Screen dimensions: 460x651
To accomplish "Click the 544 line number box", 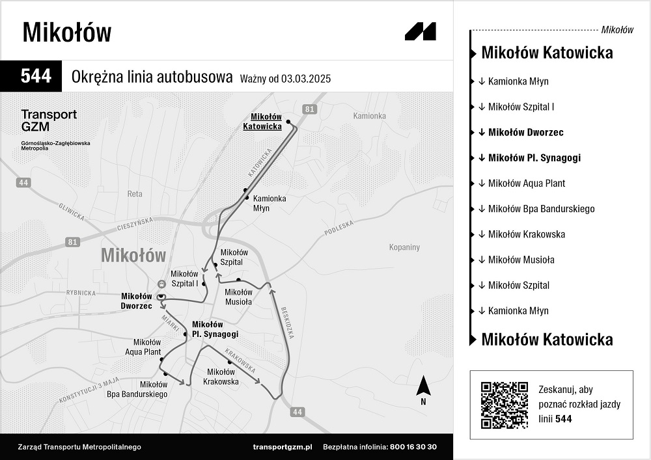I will (x=36, y=76).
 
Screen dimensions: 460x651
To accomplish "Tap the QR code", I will (x=504, y=405).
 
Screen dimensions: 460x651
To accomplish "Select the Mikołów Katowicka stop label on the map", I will (x=262, y=122).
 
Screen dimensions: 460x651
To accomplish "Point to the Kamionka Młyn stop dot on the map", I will (x=245, y=190).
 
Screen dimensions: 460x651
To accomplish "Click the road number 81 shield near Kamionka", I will (x=309, y=109).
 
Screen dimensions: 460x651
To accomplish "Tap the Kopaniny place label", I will (x=404, y=247).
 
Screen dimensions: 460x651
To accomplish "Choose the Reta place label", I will (x=135, y=194).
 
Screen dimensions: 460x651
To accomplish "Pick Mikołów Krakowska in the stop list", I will (x=526, y=234).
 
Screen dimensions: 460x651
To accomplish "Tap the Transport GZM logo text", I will (x=49, y=120).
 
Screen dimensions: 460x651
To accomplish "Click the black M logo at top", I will (x=420, y=31).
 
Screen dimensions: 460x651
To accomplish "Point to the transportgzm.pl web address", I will (x=283, y=447).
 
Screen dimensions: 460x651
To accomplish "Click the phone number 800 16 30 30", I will (x=413, y=447).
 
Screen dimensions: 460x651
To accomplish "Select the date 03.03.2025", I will (x=306, y=79).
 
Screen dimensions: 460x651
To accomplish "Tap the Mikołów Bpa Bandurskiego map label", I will (x=137, y=389).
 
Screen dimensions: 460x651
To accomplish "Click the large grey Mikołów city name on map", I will (x=133, y=255).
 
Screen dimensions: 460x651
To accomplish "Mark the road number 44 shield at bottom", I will (x=298, y=412).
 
